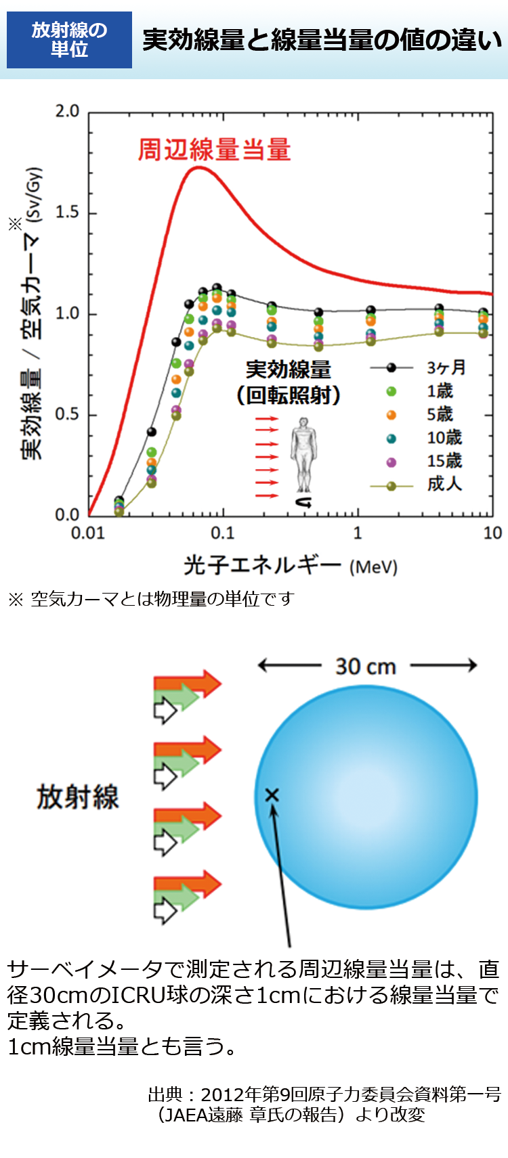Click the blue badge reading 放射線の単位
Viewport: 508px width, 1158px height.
69,39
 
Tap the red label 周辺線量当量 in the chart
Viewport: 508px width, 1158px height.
214,150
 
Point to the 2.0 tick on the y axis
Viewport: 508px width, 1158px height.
67,111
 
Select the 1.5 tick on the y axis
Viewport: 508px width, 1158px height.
67,213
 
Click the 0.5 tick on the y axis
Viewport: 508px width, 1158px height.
67,414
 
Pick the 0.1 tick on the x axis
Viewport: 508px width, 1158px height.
222,533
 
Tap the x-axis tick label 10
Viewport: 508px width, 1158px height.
492,533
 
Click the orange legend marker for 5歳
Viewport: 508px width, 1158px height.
391,415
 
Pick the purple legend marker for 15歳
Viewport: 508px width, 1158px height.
391,462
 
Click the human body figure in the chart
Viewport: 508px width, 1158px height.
303,455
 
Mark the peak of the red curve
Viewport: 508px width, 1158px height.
198,167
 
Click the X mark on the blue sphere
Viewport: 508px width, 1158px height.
272,795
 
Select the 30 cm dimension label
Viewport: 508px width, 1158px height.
366,667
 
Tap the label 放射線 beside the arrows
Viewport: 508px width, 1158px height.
77,797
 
